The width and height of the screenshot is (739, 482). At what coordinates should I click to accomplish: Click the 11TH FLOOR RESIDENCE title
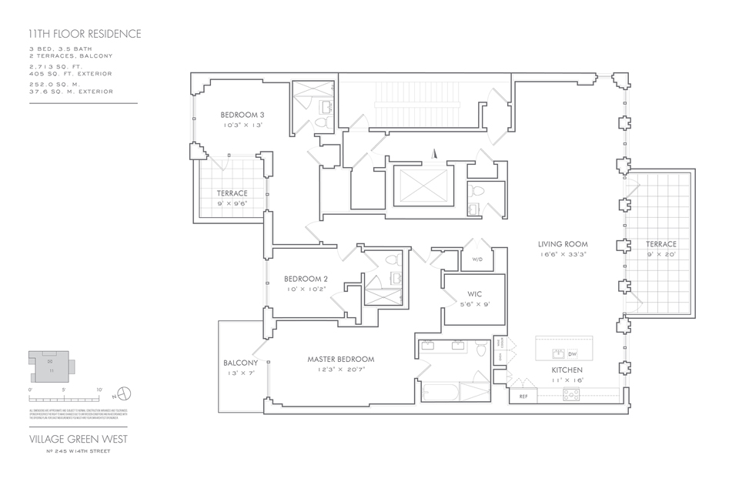point(84,34)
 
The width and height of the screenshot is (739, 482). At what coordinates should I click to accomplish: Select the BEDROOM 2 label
point(306,279)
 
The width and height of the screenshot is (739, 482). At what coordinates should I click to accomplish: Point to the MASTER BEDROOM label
point(340,360)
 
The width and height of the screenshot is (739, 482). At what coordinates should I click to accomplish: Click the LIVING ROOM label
point(563,244)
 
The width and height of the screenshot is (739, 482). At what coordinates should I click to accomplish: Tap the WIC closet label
point(474,294)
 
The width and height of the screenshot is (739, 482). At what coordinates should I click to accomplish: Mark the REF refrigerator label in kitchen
point(523,397)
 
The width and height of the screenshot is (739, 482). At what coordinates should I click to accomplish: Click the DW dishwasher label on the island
point(572,354)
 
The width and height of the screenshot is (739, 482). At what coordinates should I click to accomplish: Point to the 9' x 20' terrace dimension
point(661,254)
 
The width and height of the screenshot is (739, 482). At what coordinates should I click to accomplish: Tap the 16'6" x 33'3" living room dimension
point(563,254)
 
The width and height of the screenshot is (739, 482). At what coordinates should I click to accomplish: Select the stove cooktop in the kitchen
point(572,394)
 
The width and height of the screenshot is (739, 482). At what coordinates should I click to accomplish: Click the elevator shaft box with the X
point(420,185)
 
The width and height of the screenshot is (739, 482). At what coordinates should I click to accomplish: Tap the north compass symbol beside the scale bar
point(125,394)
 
